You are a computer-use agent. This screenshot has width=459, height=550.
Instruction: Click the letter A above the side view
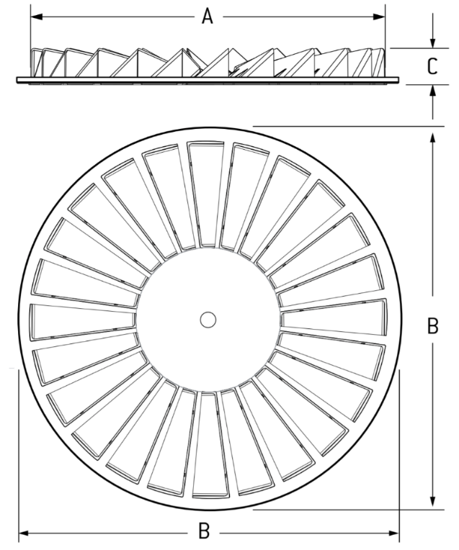point(208,16)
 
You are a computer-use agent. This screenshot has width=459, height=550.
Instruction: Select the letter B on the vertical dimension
point(432,325)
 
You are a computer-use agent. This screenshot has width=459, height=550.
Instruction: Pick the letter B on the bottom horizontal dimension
point(205,532)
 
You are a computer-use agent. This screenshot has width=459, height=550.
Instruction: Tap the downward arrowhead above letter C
point(432,43)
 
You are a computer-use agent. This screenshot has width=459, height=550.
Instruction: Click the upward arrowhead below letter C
point(432,90)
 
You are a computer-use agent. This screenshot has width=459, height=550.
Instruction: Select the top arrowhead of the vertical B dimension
point(432,135)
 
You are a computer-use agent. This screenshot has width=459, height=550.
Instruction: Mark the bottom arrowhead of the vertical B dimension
point(432,503)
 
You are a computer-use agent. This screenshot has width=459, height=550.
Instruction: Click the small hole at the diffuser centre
point(208,319)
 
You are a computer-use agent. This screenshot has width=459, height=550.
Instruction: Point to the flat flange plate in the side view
point(209,78)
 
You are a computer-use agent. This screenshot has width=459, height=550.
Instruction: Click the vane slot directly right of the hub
point(333,317)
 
